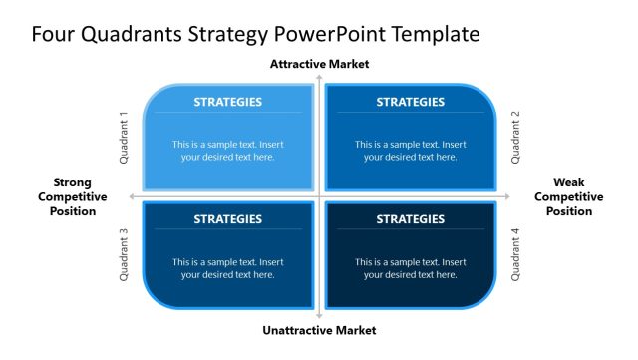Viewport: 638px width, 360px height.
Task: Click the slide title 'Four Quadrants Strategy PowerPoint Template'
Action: click(255, 35)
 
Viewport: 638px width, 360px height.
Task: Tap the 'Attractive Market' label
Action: click(319, 64)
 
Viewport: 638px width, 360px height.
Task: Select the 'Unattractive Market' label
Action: click(319, 330)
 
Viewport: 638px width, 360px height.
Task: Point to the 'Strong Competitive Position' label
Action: click(73, 196)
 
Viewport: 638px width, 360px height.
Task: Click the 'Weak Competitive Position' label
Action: click(568, 196)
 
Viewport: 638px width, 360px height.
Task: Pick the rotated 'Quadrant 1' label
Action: click(125, 137)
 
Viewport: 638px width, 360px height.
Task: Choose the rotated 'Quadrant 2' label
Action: click(515, 137)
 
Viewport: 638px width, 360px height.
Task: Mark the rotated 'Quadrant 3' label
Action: click(125, 255)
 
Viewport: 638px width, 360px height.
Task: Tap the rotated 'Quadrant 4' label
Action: click(515, 255)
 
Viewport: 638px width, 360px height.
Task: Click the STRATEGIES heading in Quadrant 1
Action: click(228, 102)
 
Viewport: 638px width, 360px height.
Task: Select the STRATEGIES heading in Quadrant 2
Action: click(410, 102)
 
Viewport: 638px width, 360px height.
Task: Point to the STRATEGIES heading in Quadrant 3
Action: click(228, 219)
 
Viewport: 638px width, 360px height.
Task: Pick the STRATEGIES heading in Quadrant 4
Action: click(410, 219)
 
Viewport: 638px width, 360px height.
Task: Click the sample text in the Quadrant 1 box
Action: click(228, 151)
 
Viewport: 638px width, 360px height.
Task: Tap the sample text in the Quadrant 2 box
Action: click(410, 151)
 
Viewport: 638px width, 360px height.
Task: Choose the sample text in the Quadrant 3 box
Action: click(228, 268)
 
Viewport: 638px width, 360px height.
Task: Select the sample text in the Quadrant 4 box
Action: click(410, 268)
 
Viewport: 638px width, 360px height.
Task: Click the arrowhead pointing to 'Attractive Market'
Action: click(319, 76)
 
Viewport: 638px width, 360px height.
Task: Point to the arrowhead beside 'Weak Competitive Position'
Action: click(508, 196)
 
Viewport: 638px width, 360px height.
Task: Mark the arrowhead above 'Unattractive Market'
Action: click(319, 316)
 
